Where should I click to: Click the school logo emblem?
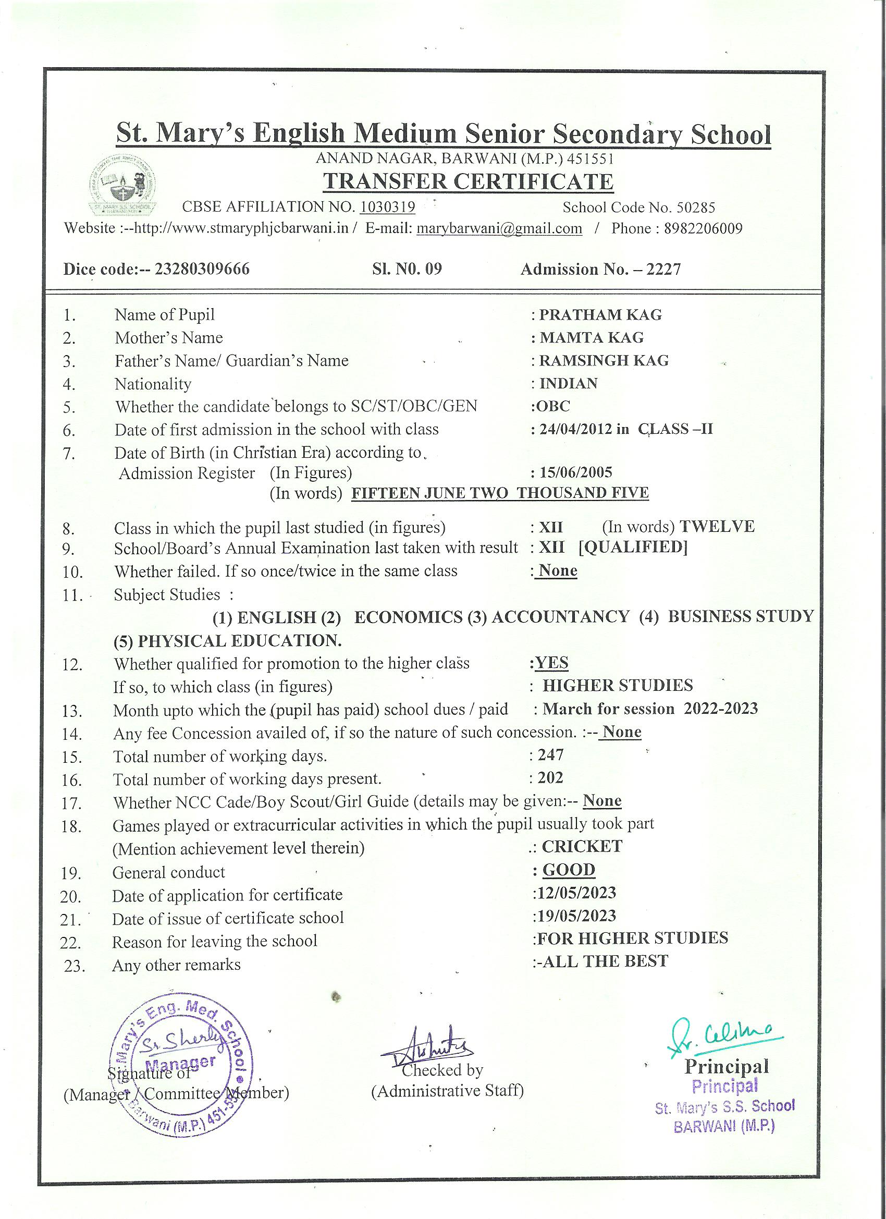[124, 187]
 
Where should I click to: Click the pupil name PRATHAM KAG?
[600, 314]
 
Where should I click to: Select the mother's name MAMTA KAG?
[591, 337]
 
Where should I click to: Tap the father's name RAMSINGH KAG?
[604, 360]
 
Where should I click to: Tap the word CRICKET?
[581, 847]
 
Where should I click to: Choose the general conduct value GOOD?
[569, 870]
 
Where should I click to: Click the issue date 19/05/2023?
[576, 916]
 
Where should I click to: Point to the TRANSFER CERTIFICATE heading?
[467, 181]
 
